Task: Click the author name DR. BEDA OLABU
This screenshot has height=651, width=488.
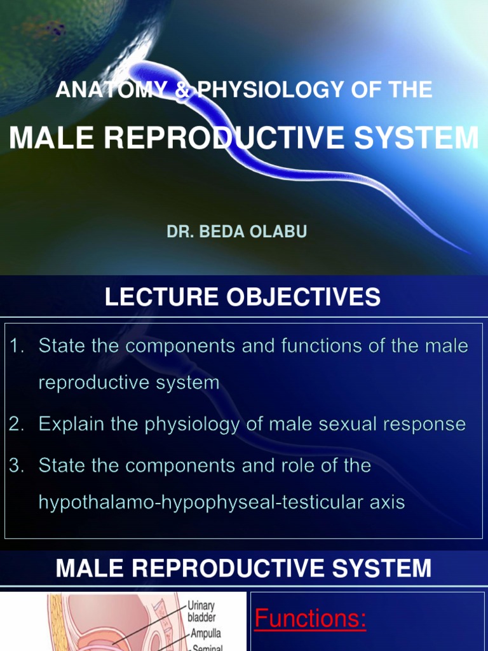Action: [236, 232]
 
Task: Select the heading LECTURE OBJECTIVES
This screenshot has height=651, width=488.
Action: [243, 298]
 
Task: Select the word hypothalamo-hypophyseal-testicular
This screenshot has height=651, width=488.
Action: [190, 502]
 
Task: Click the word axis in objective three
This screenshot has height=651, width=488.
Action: [386, 502]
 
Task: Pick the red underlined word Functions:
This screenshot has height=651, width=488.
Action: [310, 619]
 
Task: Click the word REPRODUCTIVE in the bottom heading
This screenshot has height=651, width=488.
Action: [225, 568]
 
